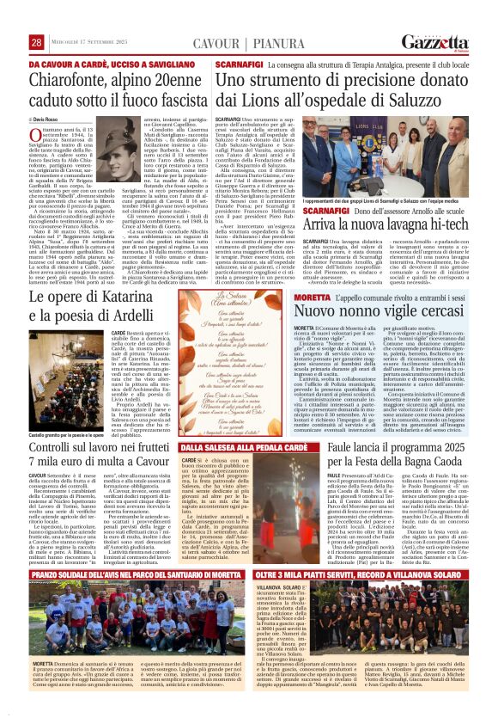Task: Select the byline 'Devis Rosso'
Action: click(x=49, y=115)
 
